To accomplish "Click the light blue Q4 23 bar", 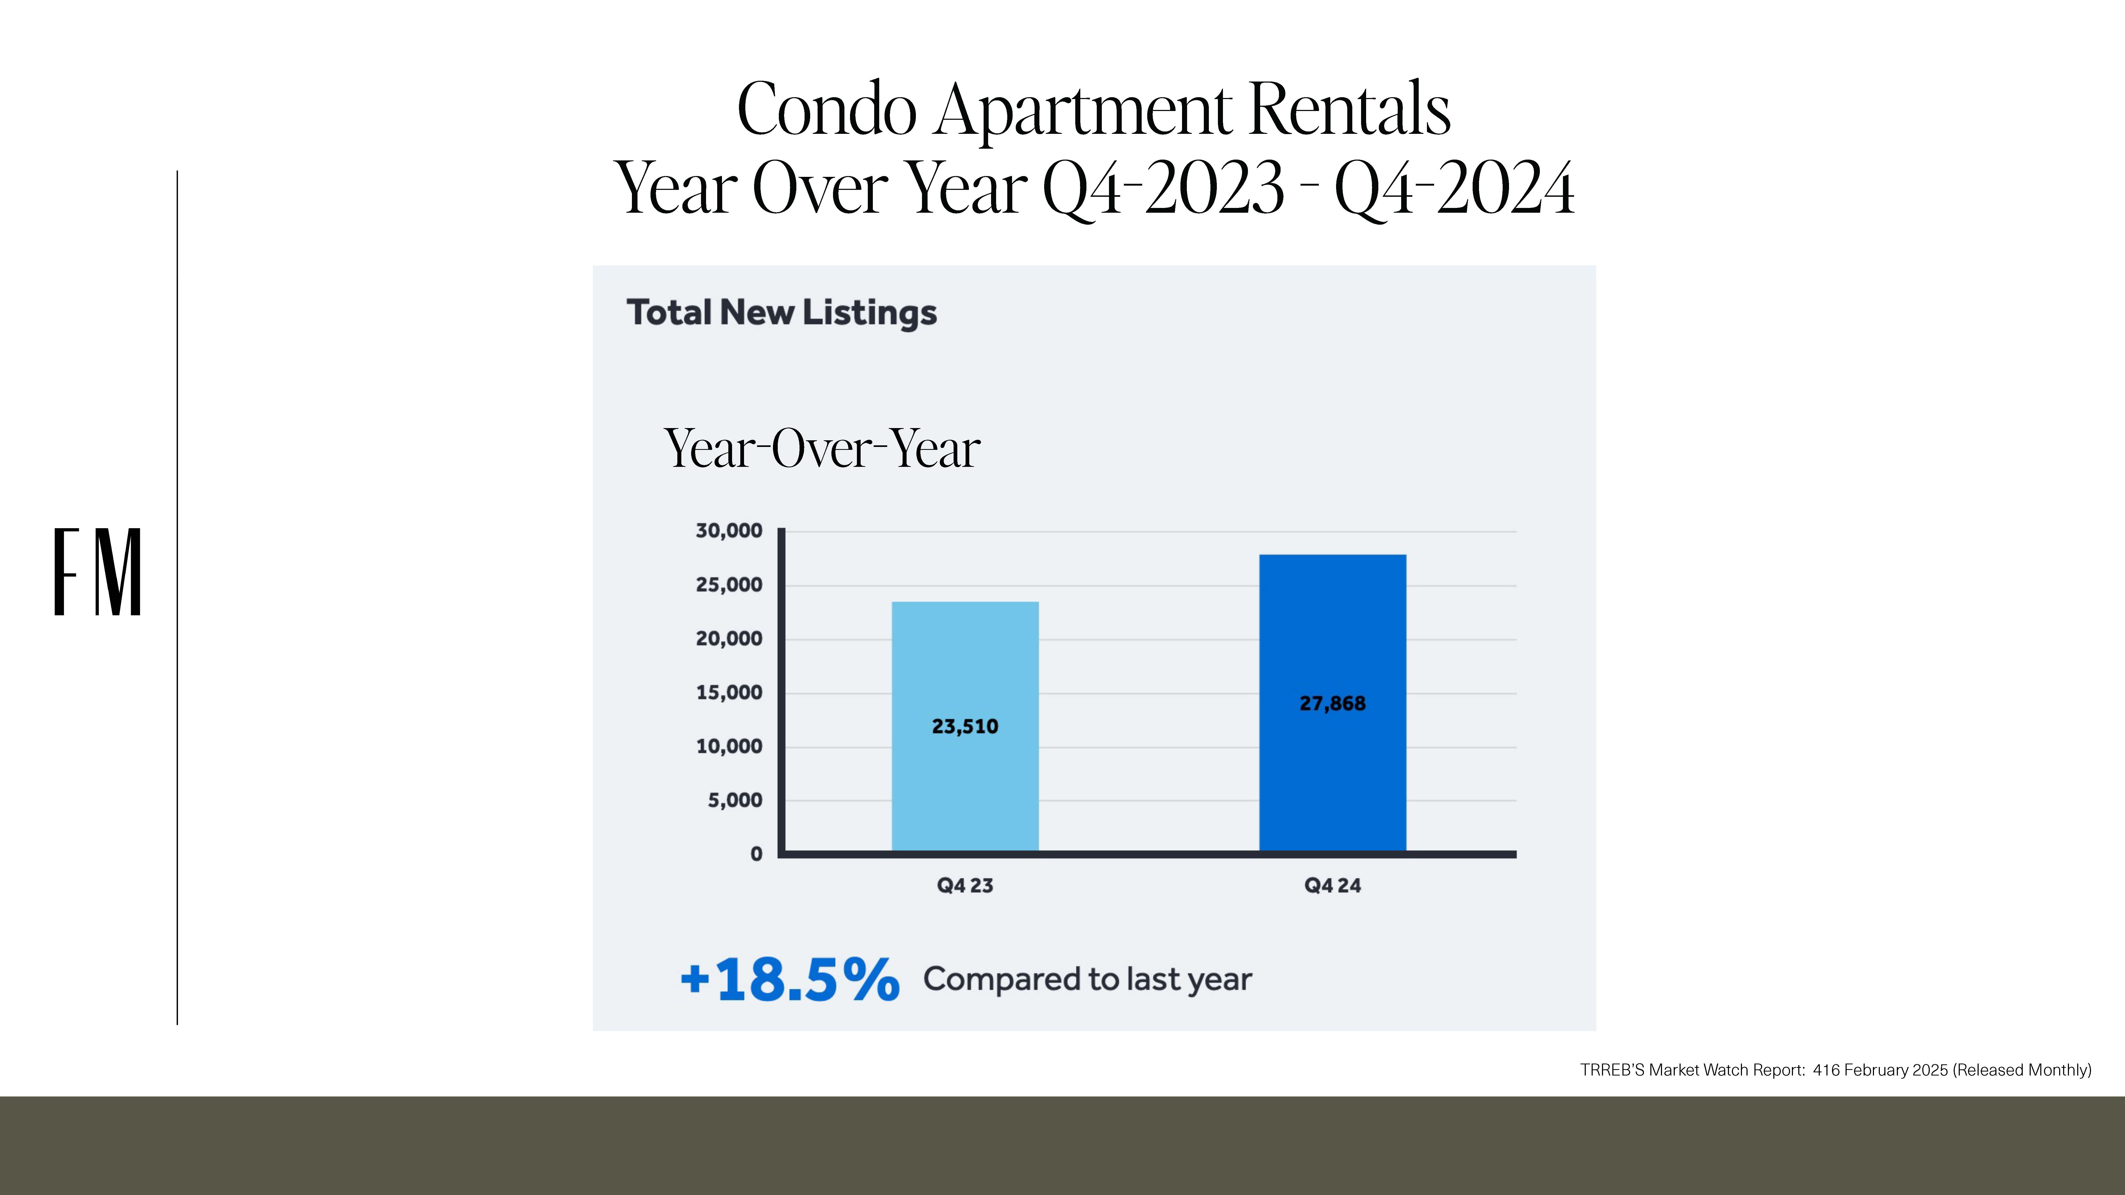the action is point(965,726).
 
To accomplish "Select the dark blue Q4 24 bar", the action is point(1332,703).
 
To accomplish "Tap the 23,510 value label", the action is point(965,727).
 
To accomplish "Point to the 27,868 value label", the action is point(1332,703).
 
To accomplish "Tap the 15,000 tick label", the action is point(729,693).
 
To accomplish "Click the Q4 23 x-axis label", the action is point(965,886).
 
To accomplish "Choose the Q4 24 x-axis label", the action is point(1332,886).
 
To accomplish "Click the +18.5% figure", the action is point(789,980).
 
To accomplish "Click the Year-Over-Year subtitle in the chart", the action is point(822,449).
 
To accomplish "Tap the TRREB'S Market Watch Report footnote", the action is point(1835,1070).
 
